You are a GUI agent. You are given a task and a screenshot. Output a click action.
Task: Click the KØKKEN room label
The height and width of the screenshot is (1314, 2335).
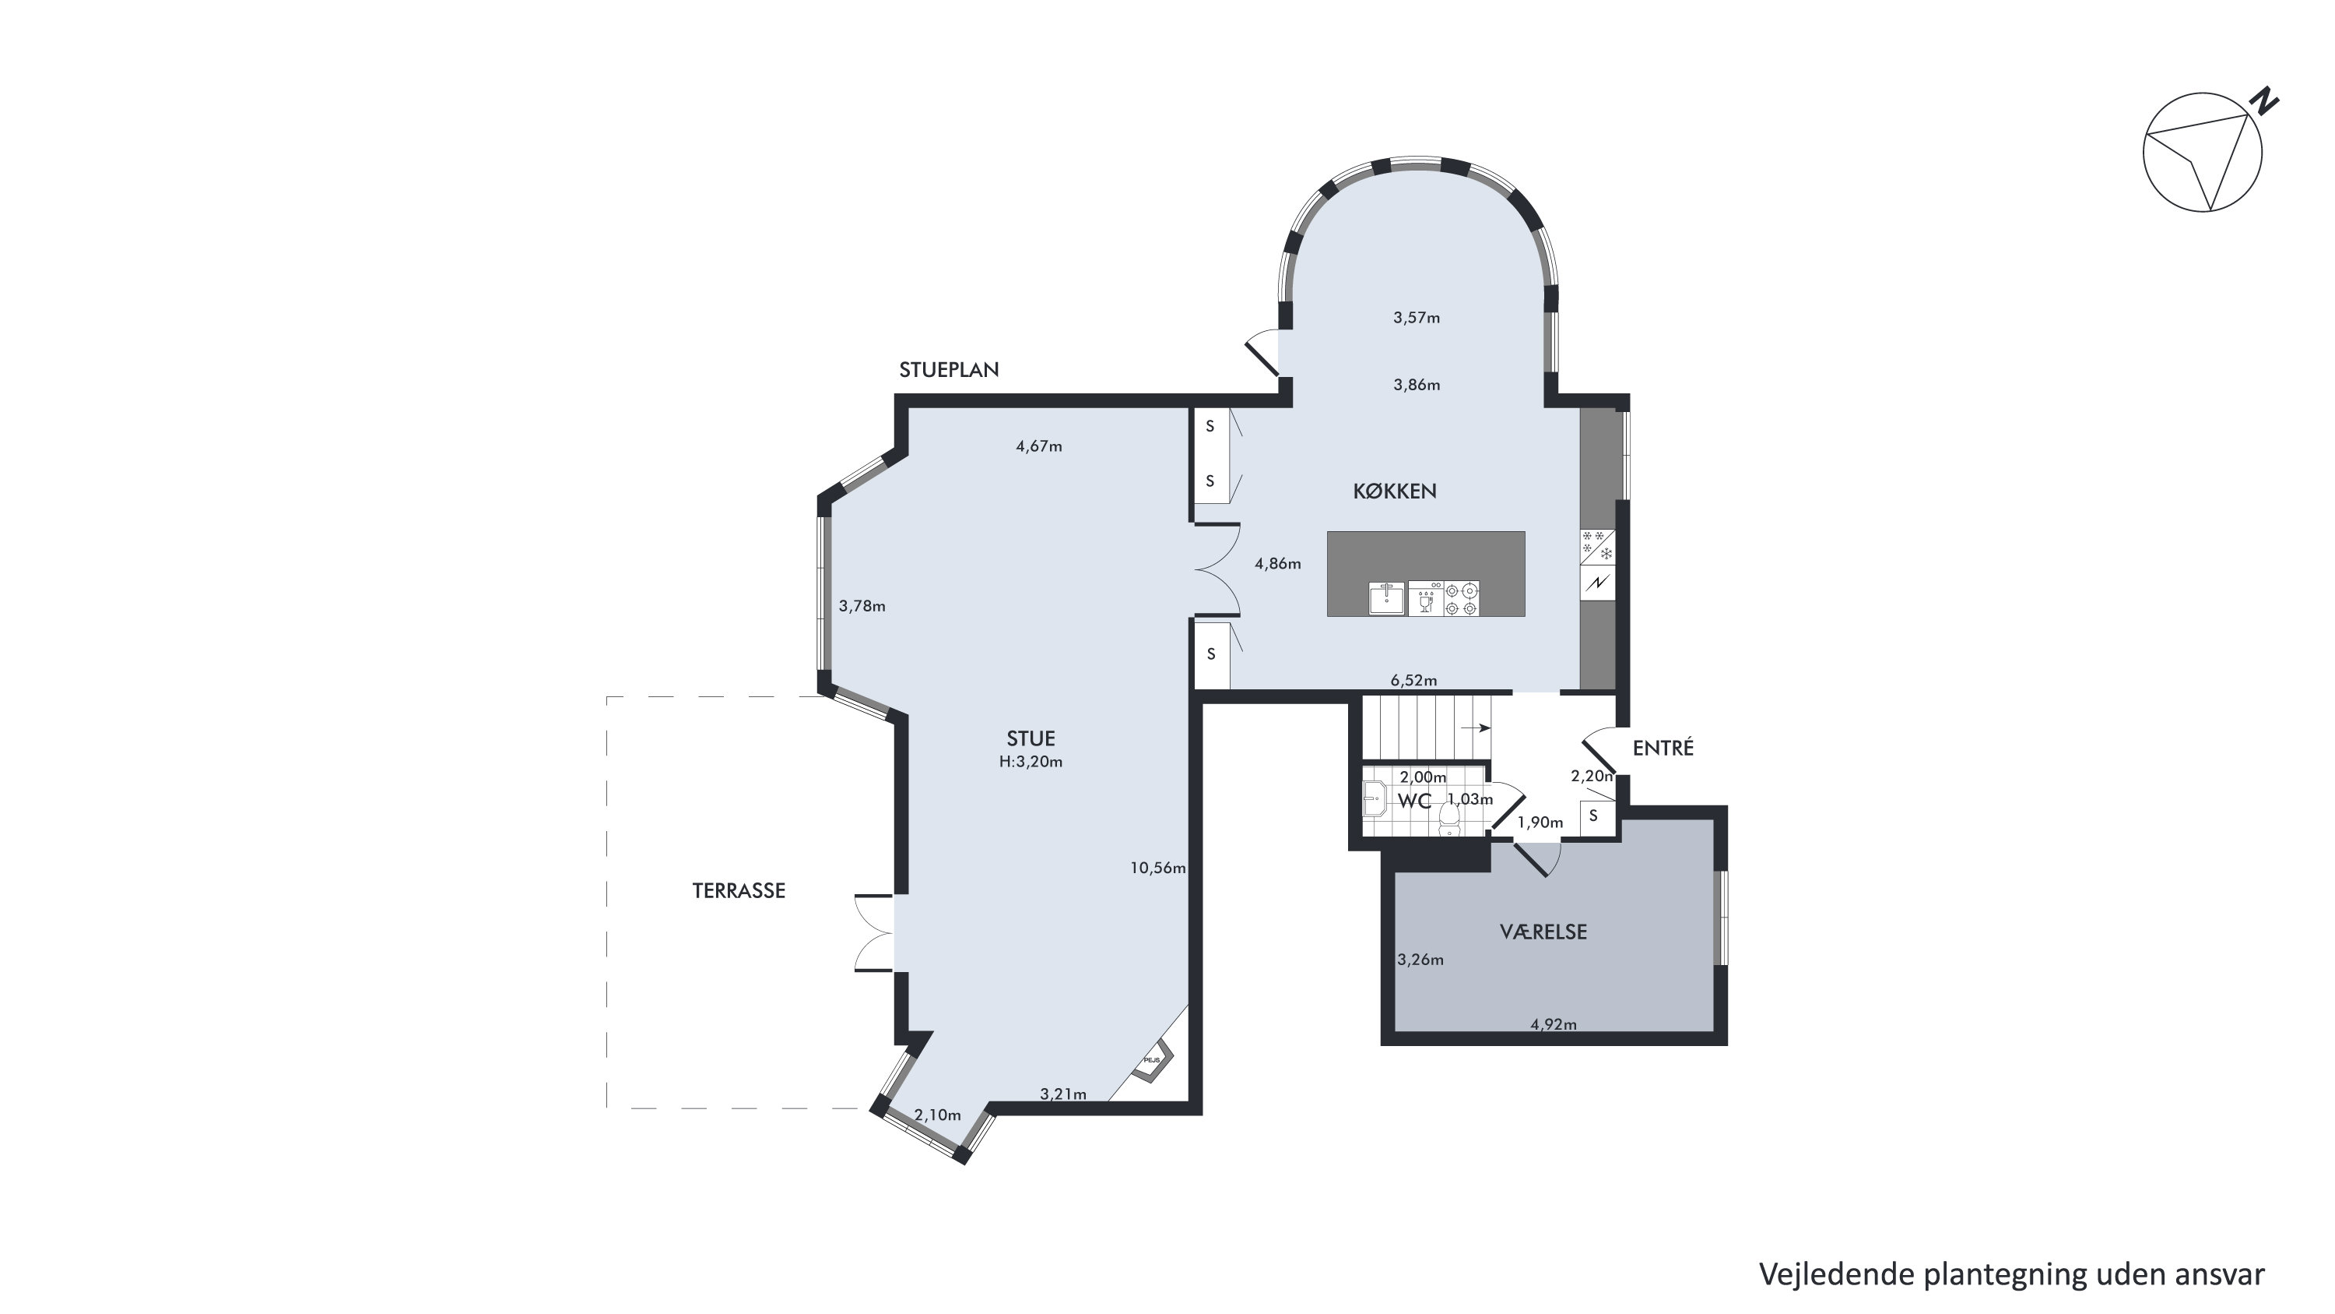pos(1394,491)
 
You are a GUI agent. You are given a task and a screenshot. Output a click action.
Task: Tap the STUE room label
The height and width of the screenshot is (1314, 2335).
pos(1031,738)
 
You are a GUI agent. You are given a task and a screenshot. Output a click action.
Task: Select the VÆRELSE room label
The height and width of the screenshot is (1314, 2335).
pos(1543,932)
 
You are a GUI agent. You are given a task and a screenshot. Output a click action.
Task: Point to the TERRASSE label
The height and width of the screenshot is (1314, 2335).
pos(739,890)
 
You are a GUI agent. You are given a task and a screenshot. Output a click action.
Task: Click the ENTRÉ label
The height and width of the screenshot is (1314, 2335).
pos(1663,749)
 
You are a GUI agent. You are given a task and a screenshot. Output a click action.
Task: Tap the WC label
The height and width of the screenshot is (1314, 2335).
pos(1414,801)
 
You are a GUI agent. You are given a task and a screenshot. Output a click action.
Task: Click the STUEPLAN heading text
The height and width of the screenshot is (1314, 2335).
pos(949,370)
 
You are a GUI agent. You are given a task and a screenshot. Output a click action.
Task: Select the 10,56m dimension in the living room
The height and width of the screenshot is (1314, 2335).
pos(1157,868)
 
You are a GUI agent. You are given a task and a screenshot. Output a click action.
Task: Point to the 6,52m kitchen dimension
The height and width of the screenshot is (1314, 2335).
pos(1414,680)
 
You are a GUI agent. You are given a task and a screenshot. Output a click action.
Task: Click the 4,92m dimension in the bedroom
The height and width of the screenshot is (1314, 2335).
pos(1554,1025)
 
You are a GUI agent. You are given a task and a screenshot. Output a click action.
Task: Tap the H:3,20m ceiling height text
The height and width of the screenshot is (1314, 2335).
pos(1031,762)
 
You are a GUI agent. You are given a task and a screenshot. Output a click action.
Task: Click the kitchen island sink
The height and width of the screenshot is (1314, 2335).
pos(1387,598)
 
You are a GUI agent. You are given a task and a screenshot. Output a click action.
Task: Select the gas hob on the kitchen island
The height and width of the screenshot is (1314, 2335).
pos(1461,598)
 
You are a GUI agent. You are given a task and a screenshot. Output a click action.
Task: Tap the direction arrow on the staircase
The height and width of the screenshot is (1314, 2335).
pos(1475,727)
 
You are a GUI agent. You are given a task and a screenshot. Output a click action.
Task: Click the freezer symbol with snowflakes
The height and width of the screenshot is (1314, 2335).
pos(1597,548)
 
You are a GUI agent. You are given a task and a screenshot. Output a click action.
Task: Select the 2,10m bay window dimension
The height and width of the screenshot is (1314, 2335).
pos(937,1115)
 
